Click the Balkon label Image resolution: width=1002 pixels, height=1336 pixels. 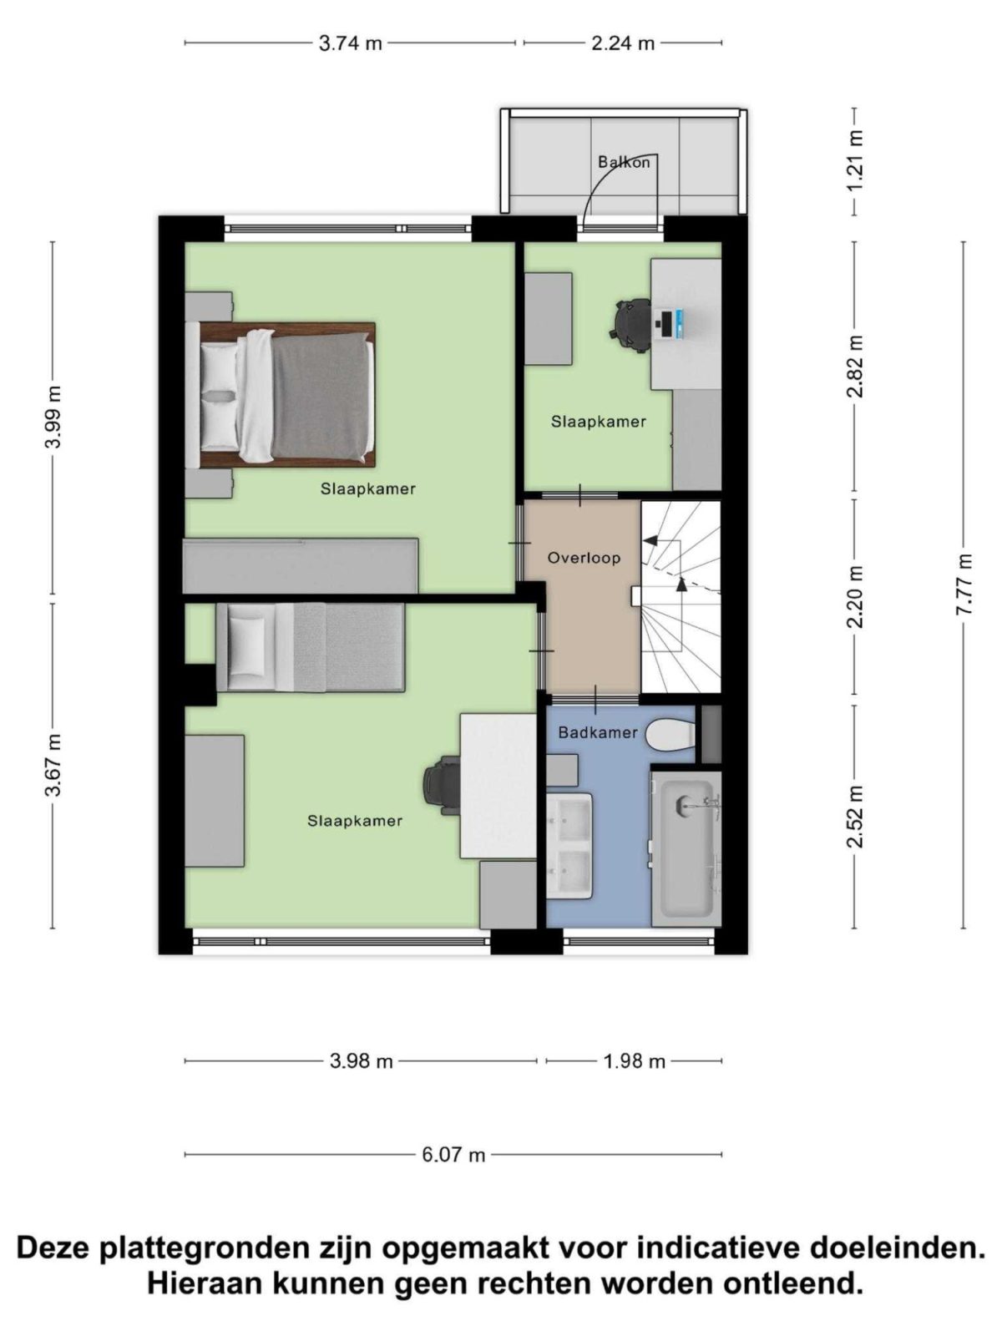click(623, 162)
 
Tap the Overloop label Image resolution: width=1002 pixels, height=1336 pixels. click(584, 558)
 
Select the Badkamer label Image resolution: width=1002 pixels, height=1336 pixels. click(597, 732)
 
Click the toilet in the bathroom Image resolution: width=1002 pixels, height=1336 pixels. click(670, 736)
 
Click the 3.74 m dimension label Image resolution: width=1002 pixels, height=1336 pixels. click(351, 43)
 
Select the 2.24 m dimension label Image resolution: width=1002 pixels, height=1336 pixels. click(623, 43)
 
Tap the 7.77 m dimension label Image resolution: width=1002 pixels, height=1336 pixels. click(963, 585)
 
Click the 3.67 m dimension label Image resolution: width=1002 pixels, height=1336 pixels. click(53, 765)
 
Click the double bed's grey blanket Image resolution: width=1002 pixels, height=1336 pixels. click(321, 399)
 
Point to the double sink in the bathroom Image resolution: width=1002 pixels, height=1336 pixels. click(569, 846)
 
